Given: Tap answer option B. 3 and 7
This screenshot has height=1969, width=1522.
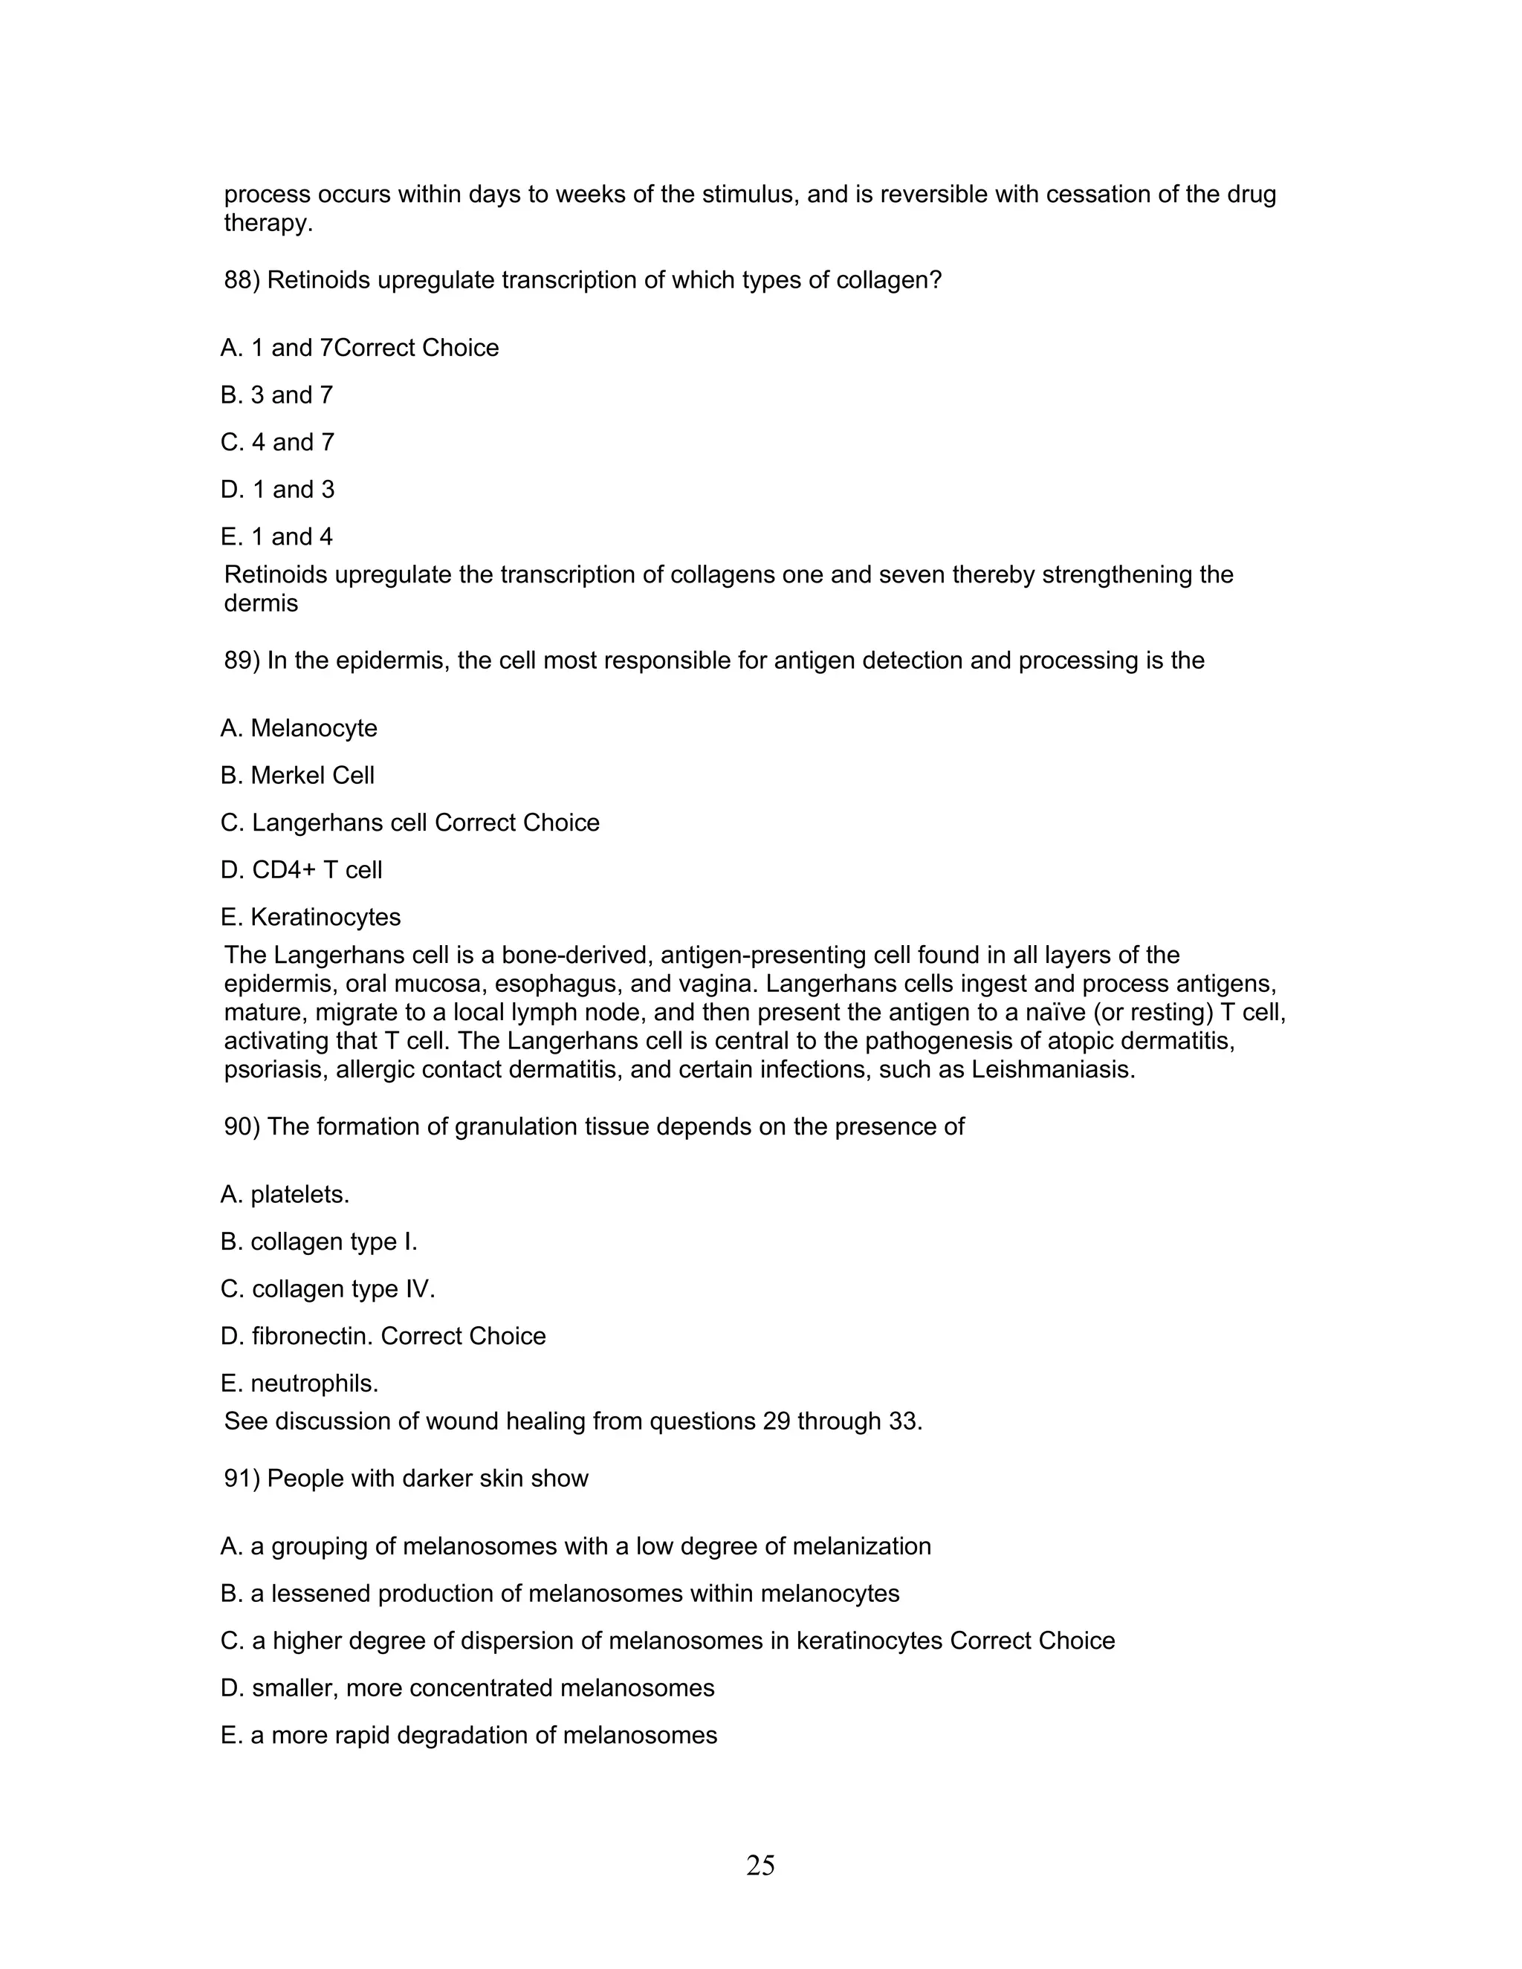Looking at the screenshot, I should [x=276, y=395].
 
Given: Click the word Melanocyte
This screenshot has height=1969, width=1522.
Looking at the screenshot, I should [x=314, y=728].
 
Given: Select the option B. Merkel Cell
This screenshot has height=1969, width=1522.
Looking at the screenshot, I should [x=297, y=775].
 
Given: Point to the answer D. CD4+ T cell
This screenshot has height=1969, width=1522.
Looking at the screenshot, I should [x=301, y=870].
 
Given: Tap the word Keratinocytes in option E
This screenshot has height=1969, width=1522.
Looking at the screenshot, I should [x=326, y=918].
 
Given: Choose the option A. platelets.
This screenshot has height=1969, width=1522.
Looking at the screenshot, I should [x=285, y=1196].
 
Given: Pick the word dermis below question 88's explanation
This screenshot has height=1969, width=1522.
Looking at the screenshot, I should [x=261, y=603].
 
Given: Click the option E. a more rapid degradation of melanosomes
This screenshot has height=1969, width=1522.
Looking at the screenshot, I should [x=469, y=1736].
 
